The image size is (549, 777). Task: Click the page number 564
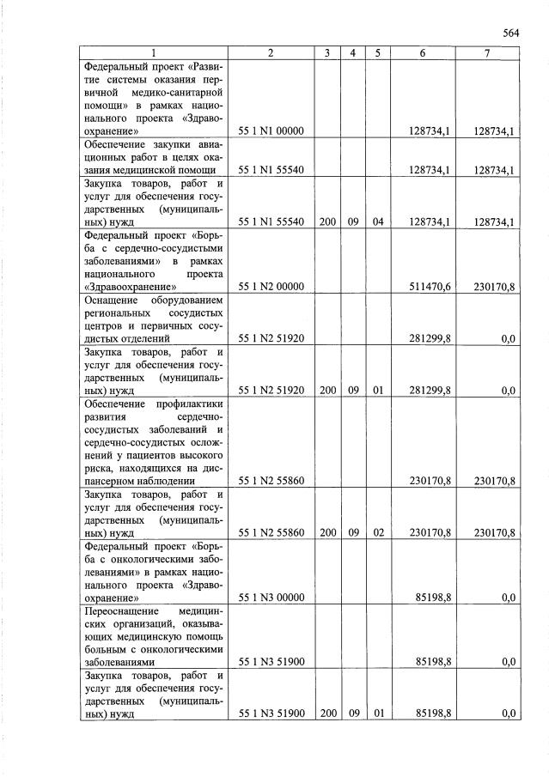[511, 33]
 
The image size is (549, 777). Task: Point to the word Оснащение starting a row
[112, 300]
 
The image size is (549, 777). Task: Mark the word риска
[98, 468]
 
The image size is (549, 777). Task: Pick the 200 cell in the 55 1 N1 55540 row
[326, 222]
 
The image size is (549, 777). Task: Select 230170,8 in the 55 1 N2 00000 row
[494, 287]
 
